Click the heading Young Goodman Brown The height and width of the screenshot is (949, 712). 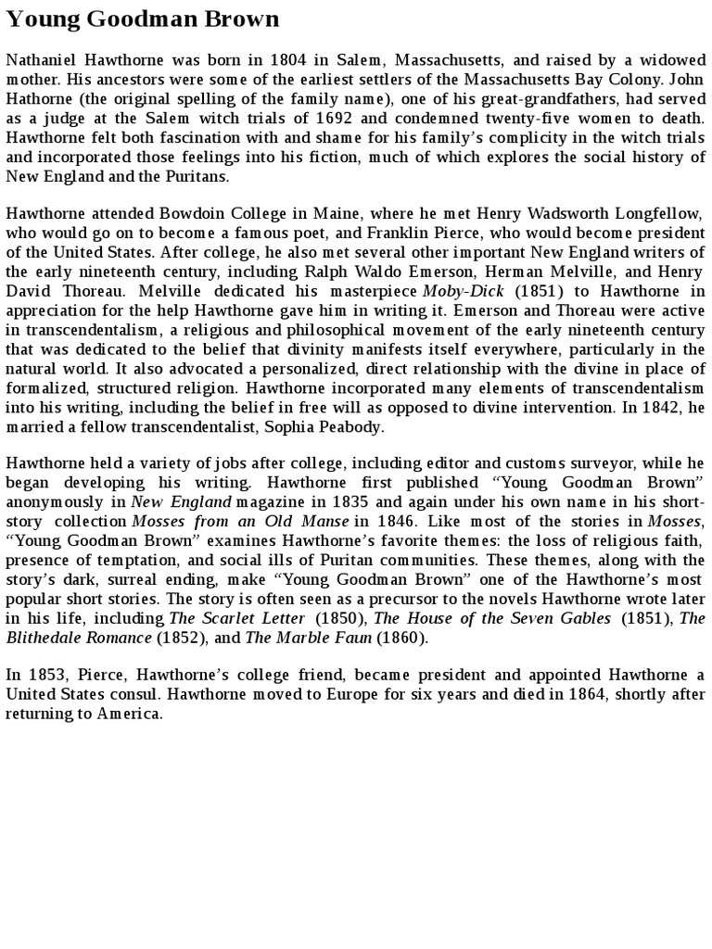click(143, 19)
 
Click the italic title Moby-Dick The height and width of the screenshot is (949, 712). click(463, 291)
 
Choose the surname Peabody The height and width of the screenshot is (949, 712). click(349, 426)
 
